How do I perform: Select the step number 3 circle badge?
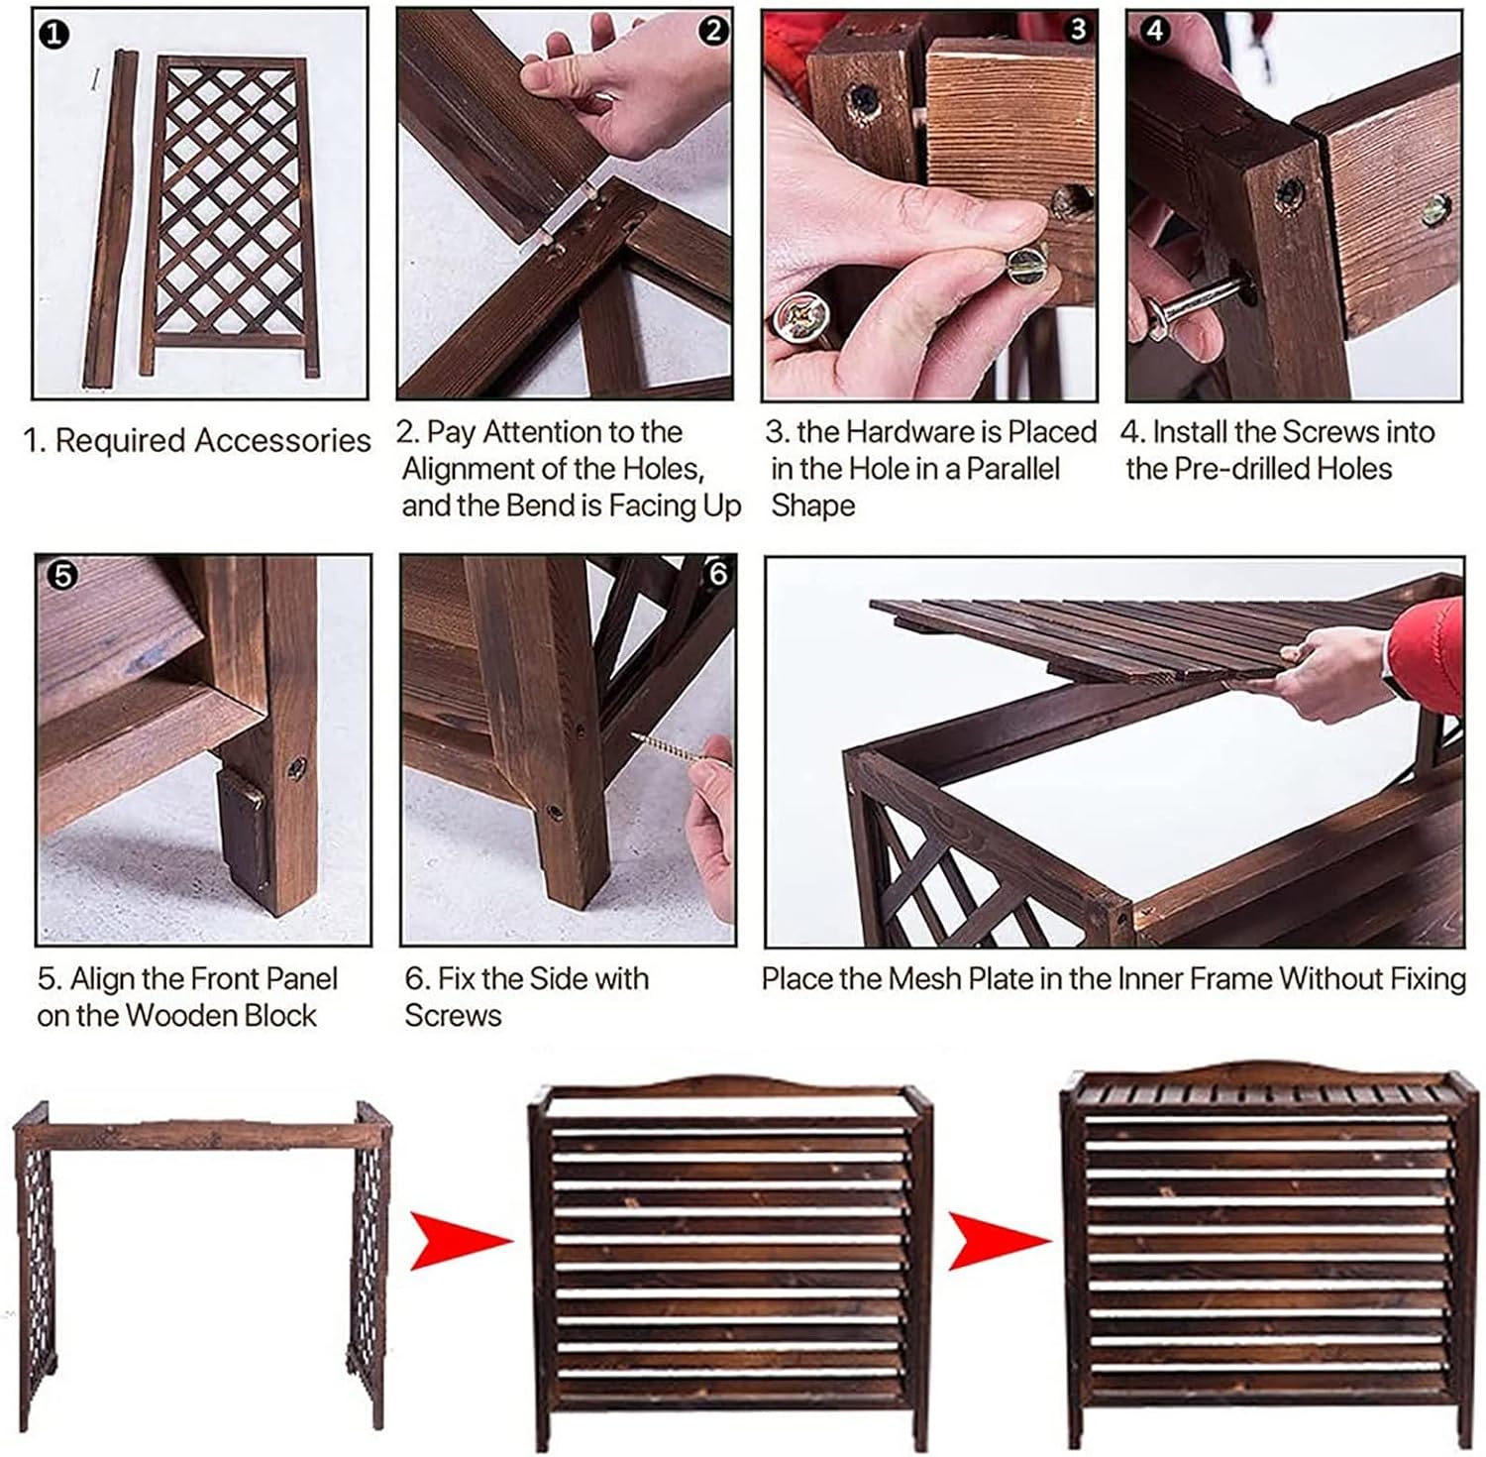(1078, 30)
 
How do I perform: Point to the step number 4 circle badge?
(1154, 31)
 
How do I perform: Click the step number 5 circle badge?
(62, 575)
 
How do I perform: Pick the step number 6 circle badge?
(718, 573)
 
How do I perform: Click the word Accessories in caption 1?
(282, 440)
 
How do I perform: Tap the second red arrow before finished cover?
(999, 1239)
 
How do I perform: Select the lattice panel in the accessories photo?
(230, 213)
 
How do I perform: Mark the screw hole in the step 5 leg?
(295, 766)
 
